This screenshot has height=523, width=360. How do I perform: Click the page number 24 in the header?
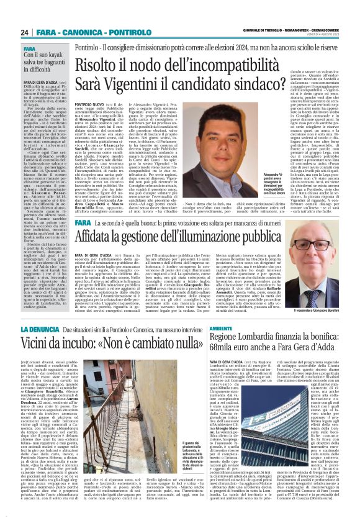25,32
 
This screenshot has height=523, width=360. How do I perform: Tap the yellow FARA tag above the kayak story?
29,48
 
